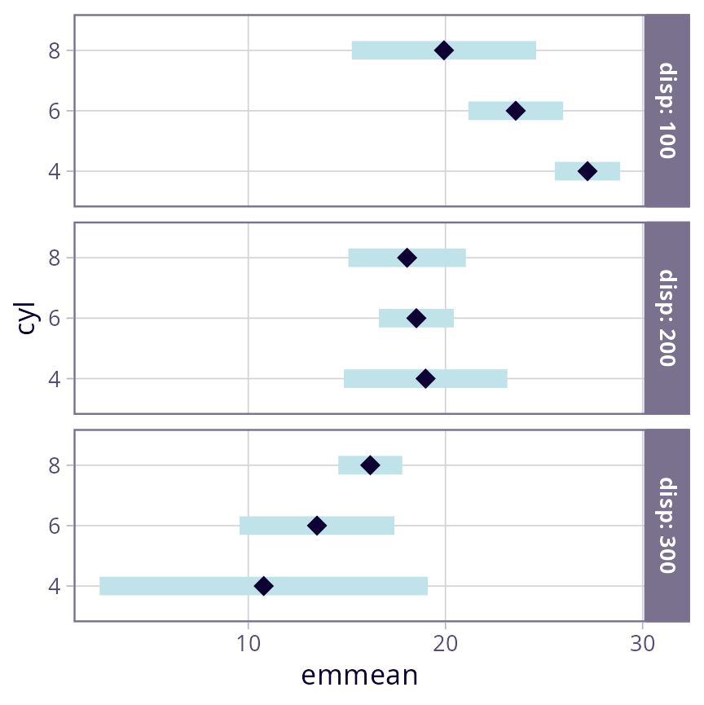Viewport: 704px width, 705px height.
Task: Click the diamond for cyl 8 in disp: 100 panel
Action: coord(443,51)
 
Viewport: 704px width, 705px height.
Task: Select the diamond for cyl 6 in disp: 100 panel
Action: coord(515,111)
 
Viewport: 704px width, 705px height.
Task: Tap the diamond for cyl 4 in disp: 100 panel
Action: coord(587,171)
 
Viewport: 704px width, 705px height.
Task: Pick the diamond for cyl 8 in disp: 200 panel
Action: coord(407,258)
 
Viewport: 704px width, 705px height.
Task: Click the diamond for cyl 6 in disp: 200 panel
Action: coord(416,319)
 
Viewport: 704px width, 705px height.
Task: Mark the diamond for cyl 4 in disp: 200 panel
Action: coord(425,379)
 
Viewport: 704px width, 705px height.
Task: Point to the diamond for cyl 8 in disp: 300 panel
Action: coord(370,465)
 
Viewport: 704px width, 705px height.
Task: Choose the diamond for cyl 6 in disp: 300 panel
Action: coord(317,526)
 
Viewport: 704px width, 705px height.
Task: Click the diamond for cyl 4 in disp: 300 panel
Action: coord(263,586)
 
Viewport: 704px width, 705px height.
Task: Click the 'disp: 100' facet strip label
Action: coord(667,111)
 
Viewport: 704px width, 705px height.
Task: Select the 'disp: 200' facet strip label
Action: coord(667,318)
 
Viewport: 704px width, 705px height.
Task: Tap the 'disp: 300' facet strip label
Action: coord(667,526)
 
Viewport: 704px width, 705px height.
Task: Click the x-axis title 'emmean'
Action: coord(359,676)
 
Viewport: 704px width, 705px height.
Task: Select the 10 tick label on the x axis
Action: coord(248,643)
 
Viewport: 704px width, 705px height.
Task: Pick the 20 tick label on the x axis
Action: coord(445,643)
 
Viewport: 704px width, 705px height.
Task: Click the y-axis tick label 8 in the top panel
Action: coord(55,51)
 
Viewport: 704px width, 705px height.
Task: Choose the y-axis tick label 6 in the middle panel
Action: coord(55,319)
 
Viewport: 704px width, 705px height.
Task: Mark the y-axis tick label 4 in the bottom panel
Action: coord(55,586)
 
